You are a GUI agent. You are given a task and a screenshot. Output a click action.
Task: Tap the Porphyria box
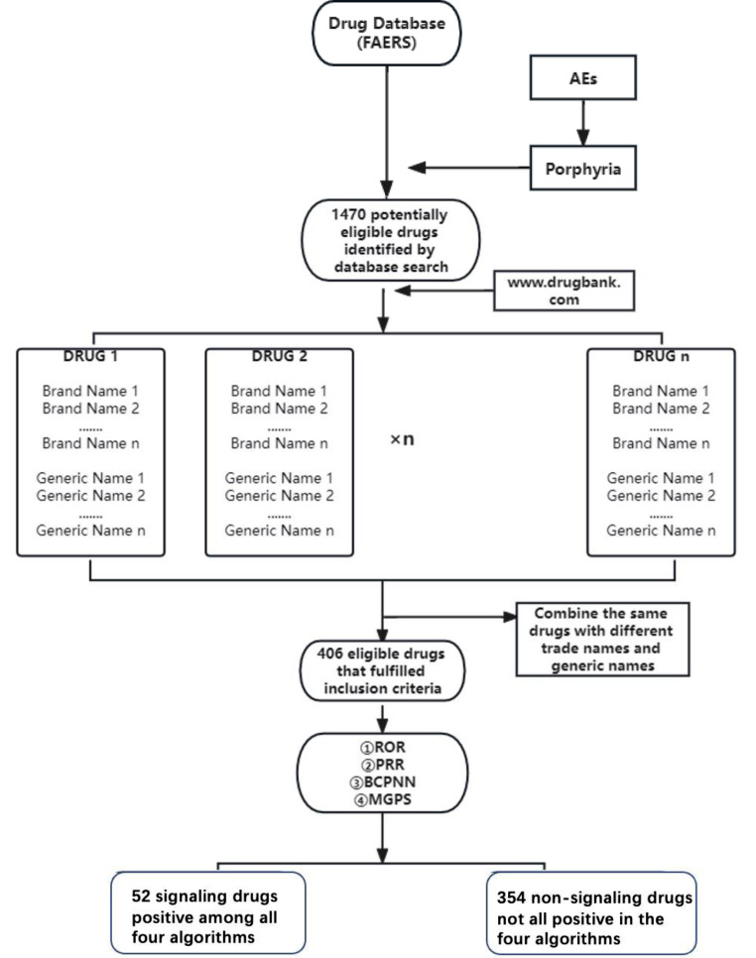pyautogui.click(x=581, y=167)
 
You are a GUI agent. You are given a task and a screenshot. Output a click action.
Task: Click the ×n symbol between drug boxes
pyautogui.click(x=401, y=438)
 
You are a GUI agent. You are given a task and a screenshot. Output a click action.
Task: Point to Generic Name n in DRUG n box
pyautogui.click(x=660, y=530)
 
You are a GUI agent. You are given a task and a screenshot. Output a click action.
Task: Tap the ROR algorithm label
pyautogui.click(x=382, y=738)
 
